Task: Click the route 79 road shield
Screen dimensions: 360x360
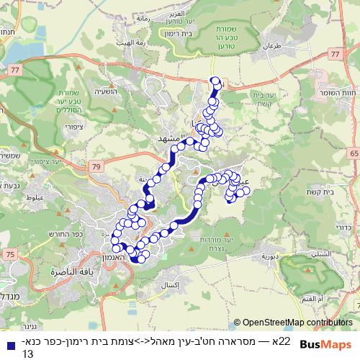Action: [96, 168]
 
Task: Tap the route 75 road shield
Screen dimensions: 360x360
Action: [9, 254]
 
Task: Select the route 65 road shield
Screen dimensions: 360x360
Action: [354, 153]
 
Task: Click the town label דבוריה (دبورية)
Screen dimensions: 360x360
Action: [274, 256]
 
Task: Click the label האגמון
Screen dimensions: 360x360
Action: [111, 257]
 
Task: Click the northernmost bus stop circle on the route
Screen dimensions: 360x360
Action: [214, 81]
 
